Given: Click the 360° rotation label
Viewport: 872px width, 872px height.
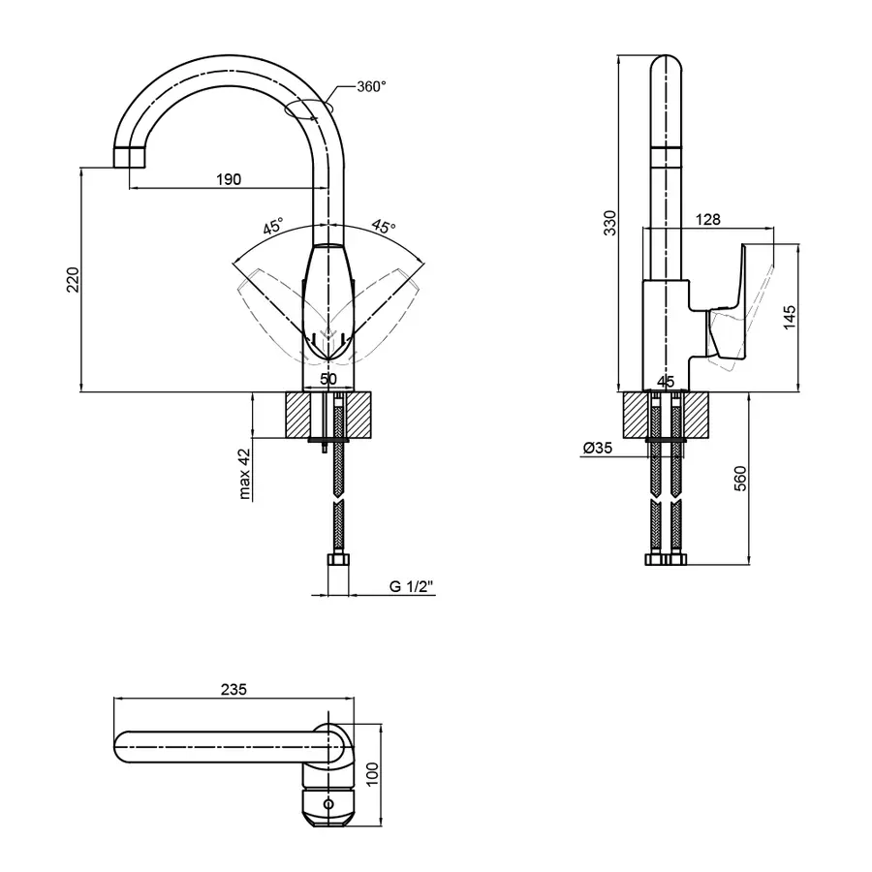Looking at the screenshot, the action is coord(371,87).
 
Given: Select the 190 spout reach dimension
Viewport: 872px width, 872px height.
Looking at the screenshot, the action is coord(229,179).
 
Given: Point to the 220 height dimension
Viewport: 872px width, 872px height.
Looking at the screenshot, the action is coord(73,280).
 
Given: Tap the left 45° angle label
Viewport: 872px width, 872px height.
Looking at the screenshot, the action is coord(273,227).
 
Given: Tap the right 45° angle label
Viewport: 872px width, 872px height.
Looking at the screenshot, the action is coord(384,227).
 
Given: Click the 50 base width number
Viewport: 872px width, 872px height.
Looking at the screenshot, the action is coord(328,379).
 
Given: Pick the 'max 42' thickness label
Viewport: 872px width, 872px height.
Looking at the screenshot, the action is coord(245,473).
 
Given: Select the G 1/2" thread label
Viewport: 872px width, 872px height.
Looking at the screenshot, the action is coord(411,586).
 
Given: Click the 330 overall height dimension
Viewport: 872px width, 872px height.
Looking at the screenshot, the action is coord(610,223).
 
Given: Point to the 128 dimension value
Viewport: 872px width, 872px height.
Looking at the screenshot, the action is coord(707,219).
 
